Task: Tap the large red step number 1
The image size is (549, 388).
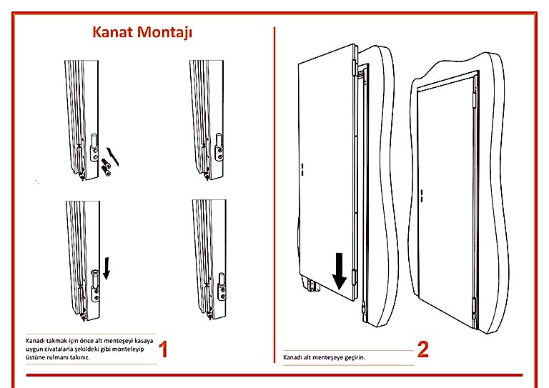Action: [x=164, y=349]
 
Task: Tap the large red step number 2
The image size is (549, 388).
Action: [x=423, y=349]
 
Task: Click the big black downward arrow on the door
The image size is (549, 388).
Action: [x=340, y=270]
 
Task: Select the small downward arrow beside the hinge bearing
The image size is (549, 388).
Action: [x=107, y=268]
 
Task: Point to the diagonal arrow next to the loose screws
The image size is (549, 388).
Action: [x=111, y=153]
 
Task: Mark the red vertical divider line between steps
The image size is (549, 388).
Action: [x=275, y=179]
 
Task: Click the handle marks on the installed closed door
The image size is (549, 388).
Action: [x=422, y=195]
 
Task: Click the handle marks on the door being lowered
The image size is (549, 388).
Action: [x=302, y=169]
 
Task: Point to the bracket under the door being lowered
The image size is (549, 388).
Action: [x=312, y=285]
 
